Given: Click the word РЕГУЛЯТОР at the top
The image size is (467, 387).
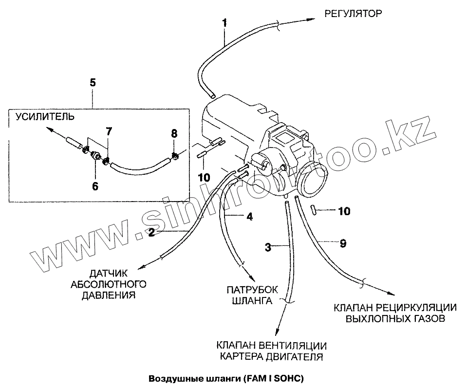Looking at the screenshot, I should (x=353, y=13).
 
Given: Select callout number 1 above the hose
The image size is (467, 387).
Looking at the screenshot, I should (x=224, y=23).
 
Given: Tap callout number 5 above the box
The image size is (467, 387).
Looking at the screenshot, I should (x=93, y=82).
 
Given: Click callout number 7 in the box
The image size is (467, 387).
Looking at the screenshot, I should (x=109, y=131).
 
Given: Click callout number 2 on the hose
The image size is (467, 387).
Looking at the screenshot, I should (x=151, y=233).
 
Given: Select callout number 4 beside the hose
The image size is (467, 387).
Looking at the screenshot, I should (x=249, y=217).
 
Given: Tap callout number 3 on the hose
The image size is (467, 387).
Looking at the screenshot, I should (x=267, y=247).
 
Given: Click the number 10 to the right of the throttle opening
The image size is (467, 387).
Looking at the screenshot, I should (x=343, y=211).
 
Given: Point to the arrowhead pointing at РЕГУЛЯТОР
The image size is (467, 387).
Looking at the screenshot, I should (x=311, y=18).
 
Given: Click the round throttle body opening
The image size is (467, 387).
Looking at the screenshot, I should (x=313, y=184).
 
